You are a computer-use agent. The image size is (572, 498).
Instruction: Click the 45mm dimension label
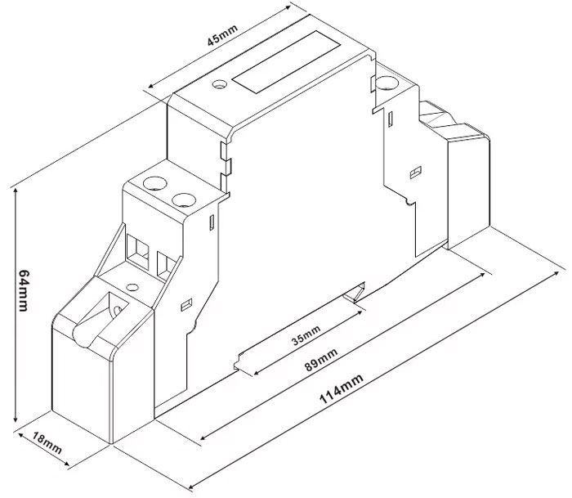[222, 35]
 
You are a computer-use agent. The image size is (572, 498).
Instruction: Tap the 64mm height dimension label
[24, 290]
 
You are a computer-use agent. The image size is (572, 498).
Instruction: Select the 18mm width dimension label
[47, 442]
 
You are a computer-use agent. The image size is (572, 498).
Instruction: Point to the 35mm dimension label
[306, 335]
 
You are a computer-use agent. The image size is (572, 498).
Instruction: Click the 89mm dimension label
[321, 360]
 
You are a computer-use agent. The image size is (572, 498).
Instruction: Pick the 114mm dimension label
[342, 388]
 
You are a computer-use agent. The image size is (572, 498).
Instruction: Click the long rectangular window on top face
[286, 61]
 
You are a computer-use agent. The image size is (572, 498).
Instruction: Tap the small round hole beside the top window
[220, 84]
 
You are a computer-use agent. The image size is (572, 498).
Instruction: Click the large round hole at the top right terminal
[387, 83]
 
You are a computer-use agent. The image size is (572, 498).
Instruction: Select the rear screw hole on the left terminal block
[155, 183]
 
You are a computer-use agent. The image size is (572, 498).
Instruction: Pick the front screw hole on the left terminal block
[184, 200]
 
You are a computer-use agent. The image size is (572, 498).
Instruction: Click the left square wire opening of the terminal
[137, 252]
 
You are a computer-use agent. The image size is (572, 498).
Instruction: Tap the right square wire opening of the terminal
[166, 266]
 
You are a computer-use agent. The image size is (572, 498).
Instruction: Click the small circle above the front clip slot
[132, 287]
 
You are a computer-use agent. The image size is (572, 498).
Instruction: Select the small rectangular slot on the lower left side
[186, 304]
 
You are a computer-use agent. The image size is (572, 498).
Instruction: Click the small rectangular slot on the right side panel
[416, 173]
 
